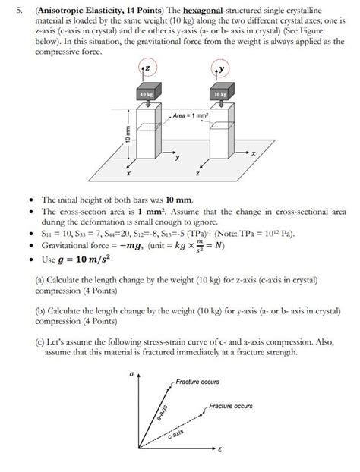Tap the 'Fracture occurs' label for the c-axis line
[x=230, y=407]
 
